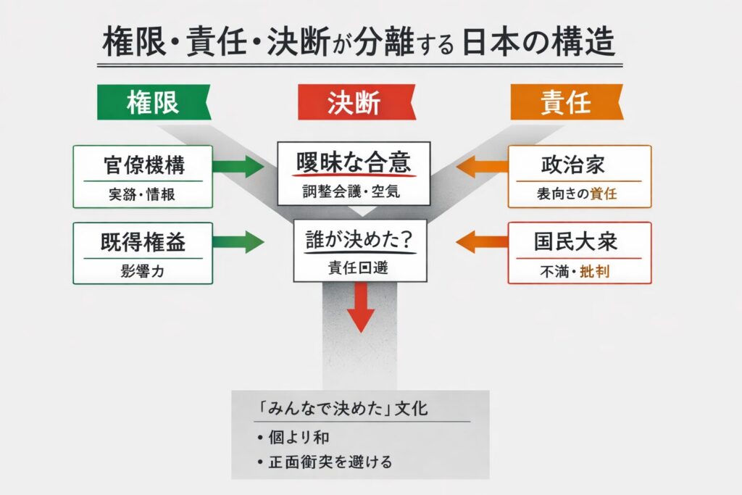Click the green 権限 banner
click(x=153, y=103)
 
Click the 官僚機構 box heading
click(x=142, y=165)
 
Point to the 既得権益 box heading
click(x=142, y=241)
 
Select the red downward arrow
click(x=360, y=309)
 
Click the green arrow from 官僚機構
click(x=240, y=166)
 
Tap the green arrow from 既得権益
click(x=240, y=242)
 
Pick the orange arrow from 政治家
click(x=480, y=166)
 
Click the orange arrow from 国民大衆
click(x=480, y=242)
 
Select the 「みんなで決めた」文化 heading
click(x=340, y=409)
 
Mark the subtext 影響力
click(x=142, y=274)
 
